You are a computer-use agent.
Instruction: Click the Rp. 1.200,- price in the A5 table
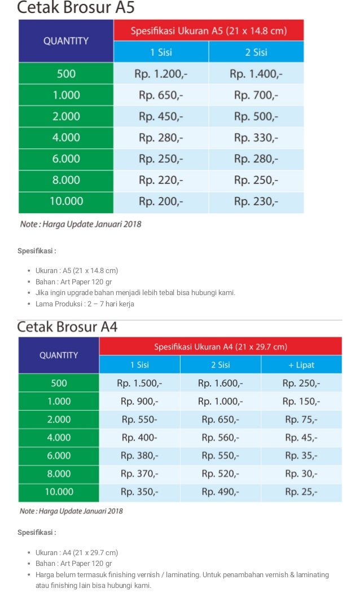coord(161,73)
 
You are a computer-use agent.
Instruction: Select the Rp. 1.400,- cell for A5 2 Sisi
coord(256,73)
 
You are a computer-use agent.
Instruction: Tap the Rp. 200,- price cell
coord(161,201)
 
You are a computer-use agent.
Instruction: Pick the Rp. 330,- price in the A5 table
coord(256,138)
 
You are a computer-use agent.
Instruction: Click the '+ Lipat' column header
coord(301,364)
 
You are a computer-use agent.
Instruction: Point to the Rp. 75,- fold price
coord(301,419)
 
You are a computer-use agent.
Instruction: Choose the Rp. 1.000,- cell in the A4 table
coord(221,401)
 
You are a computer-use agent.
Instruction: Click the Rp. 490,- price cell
coord(221,491)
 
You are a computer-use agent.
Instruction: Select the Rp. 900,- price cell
coord(139,401)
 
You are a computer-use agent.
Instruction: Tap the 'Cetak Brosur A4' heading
coord(67,327)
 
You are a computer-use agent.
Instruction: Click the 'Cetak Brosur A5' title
coord(76,8)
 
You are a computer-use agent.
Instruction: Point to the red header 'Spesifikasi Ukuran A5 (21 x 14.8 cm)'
coord(209,30)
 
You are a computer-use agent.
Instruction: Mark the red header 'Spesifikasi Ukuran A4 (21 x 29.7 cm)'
coord(221,346)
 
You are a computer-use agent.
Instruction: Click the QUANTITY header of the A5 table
coord(66,41)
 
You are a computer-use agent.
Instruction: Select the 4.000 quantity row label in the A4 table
coord(59,437)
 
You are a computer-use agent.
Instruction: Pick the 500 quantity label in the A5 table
coord(66,73)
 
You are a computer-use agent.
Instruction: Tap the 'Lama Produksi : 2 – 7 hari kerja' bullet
coord(85,304)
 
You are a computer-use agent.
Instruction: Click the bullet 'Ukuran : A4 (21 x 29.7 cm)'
coord(77,552)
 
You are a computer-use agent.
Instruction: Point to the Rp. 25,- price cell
coord(301,491)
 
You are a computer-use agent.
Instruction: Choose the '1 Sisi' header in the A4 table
coord(139,364)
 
